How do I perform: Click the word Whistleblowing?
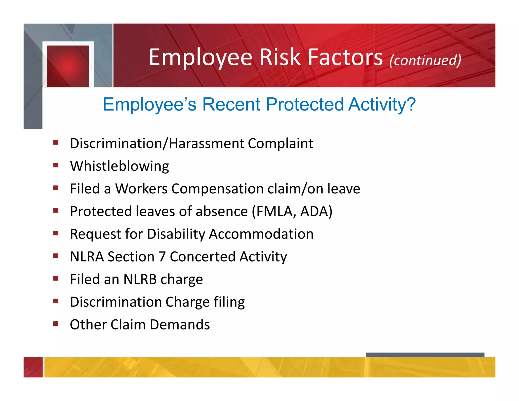tap(119, 166)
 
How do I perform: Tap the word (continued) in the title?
tap(425, 60)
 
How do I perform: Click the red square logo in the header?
tap(68, 66)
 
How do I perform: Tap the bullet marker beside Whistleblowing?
tap(56, 165)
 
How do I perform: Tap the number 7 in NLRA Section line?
tap(162, 257)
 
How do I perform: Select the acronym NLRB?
tap(140, 279)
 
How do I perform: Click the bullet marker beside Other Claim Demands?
tap(56, 324)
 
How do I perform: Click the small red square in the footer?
tap(33, 367)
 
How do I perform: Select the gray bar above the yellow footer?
tap(425, 355)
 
